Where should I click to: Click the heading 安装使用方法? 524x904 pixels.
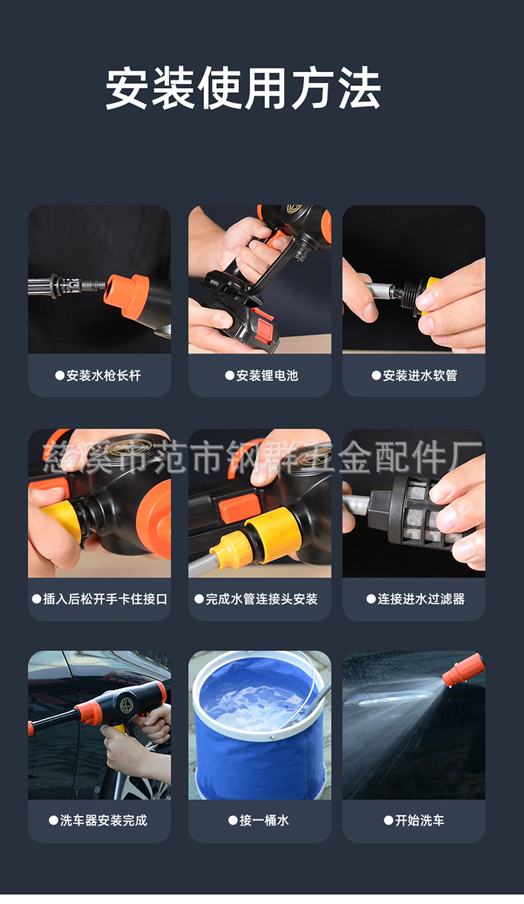pyautogui.click(x=243, y=88)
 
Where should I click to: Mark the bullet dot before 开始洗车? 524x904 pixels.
pyautogui.click(x=388, y=821)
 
